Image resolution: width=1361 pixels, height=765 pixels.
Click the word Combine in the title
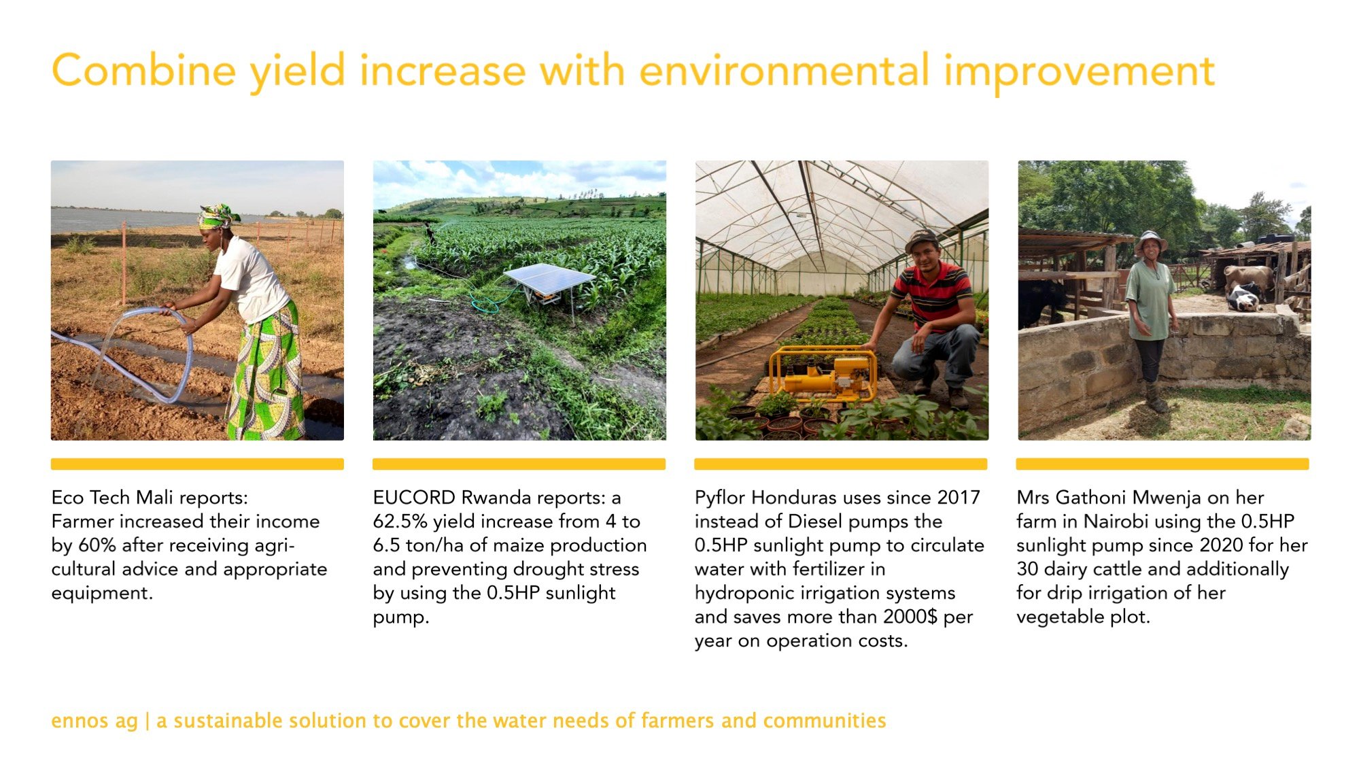click(x=144, y=71)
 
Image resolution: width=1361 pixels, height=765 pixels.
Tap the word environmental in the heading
click(x=785, y=71)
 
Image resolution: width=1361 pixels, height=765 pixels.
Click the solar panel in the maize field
click(x=549, y=281)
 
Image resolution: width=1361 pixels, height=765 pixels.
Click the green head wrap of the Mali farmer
click(x=218, y=216)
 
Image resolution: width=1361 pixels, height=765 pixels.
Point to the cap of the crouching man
click(x=921, y=239)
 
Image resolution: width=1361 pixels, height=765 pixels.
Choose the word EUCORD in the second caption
click(x=414, y=498)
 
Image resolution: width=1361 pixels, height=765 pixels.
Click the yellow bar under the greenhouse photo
click(x=841, y=464)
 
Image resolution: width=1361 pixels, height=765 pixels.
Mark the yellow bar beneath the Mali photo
click(x=197, y=464)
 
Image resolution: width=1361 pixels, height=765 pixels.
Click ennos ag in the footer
click(x=94, y=721)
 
